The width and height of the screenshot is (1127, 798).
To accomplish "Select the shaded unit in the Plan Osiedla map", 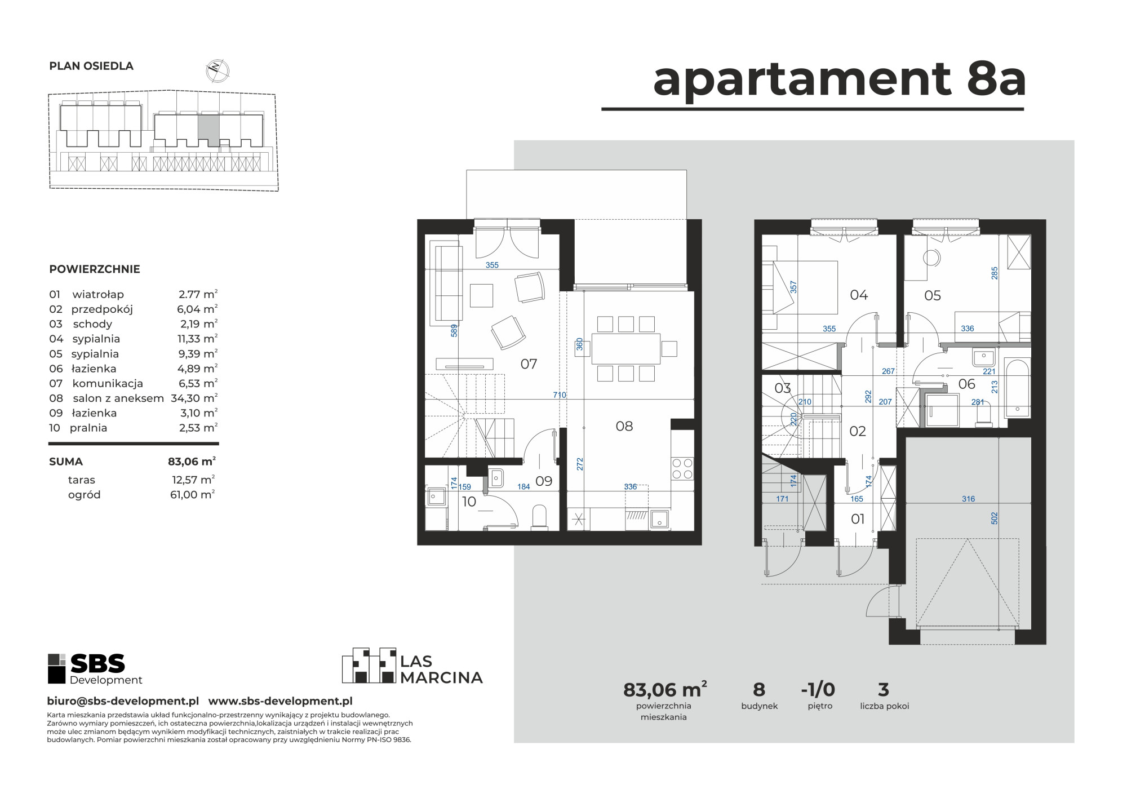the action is point(208,130).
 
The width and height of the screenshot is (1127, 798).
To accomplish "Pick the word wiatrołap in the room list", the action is point(98,294).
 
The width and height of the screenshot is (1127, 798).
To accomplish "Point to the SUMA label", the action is point(66,462).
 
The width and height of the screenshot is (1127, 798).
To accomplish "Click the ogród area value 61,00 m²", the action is point(193,495).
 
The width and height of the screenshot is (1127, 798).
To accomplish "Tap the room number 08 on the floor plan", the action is point(624,426).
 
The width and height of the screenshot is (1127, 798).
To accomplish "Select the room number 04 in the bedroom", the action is point(859,295).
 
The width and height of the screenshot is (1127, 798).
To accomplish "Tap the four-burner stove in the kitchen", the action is point(682,468).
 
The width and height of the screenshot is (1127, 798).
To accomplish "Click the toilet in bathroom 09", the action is point(539,517).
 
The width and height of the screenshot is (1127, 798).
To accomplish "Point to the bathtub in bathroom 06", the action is point(1018,388).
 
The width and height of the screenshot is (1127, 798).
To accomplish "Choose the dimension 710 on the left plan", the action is point(559,395).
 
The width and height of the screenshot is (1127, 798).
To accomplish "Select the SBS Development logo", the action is point(95,669).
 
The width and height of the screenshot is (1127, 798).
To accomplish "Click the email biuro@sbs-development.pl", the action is point(123,701).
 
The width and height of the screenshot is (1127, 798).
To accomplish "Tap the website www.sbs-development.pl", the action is point(281,701).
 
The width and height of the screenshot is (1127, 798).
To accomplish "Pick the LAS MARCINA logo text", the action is point(441,670).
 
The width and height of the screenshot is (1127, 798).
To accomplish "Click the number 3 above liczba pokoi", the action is point(884,689).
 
